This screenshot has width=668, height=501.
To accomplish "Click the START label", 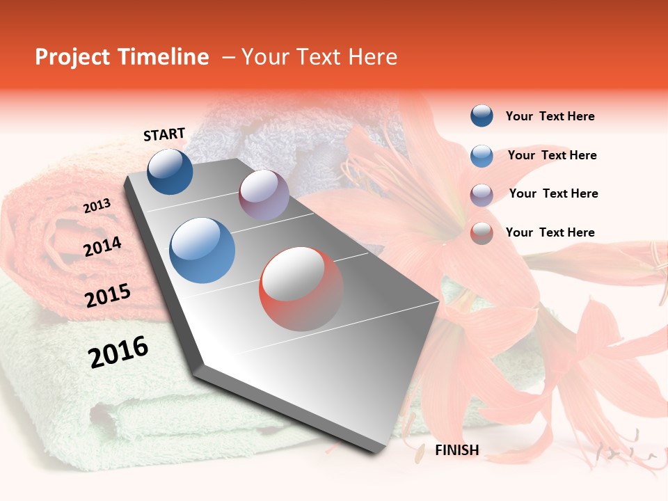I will [x=164, y=134].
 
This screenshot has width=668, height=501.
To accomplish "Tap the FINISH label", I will [x=457, y=450].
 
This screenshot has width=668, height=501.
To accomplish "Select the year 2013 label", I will [x=97, y=206].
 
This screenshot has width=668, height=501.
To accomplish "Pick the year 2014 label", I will [x=102, y=246].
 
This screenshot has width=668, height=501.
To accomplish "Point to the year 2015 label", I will [x=108, y=296].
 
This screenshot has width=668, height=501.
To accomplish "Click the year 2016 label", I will [x=118, y=351].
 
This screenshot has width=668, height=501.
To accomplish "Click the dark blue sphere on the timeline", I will [x=170, y=171].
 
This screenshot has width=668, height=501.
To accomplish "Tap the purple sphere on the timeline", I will [x=264, y=195].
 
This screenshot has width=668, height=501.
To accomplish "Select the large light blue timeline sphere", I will [x=202, y=250].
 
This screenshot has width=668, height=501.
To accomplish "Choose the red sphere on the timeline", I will [x=301, y=289].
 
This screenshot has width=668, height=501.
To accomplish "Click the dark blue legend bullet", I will [x=482, y=116].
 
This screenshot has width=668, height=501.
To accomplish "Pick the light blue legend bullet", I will [x=482, y=155].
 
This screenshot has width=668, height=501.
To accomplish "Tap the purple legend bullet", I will [x=482, y=194].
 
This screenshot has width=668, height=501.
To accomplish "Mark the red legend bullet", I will [x=482, y=233].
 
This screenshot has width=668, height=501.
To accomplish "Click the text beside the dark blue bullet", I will [x=550, y=116].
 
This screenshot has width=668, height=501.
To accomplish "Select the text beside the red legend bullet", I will [x=550, y=232].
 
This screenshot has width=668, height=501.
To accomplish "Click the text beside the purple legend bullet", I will [x=553, y=193].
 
